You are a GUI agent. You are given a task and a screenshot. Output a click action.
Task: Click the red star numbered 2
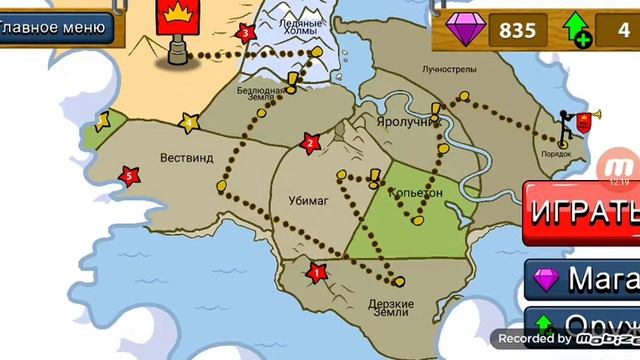click(310, 143)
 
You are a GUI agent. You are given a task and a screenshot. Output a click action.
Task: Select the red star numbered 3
click(244, 33)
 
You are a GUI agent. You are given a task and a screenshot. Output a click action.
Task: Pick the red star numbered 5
click(128, 177)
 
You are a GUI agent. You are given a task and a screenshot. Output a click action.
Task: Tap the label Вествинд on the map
click(187, 157)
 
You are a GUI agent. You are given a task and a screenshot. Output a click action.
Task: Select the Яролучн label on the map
click(404, 121)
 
